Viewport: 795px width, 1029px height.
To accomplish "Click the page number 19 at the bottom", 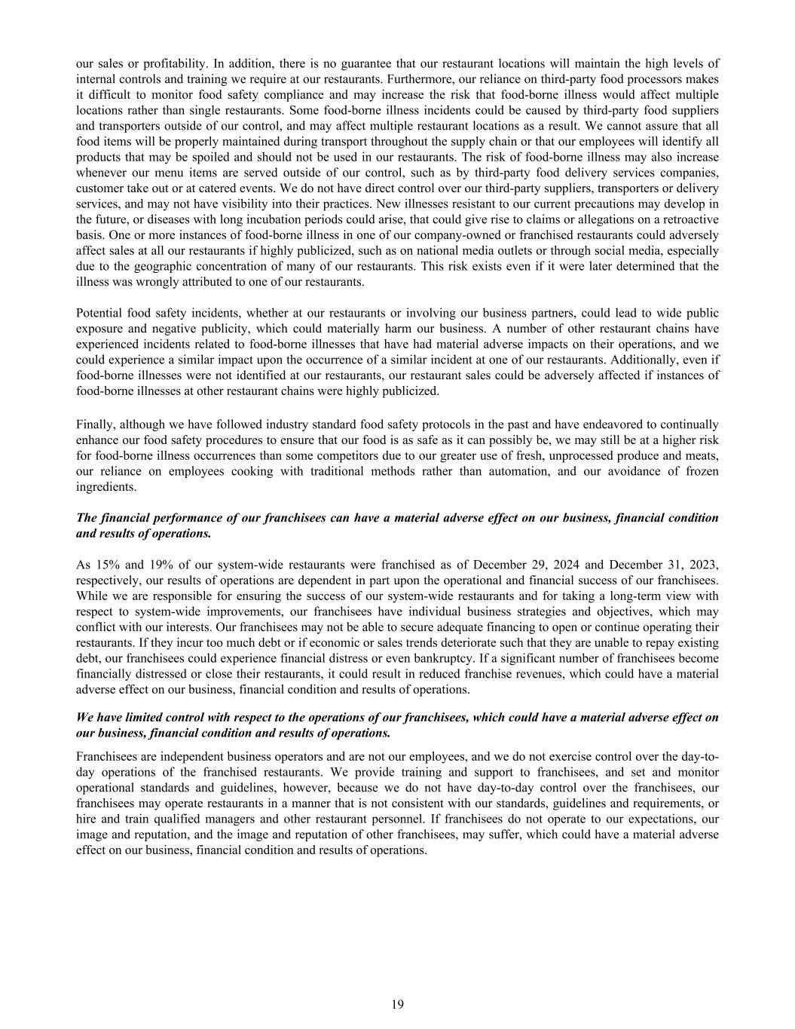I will [397, 1003].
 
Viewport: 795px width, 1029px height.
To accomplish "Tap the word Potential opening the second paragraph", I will [102, 313].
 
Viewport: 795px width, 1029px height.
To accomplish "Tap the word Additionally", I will [650, 360].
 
